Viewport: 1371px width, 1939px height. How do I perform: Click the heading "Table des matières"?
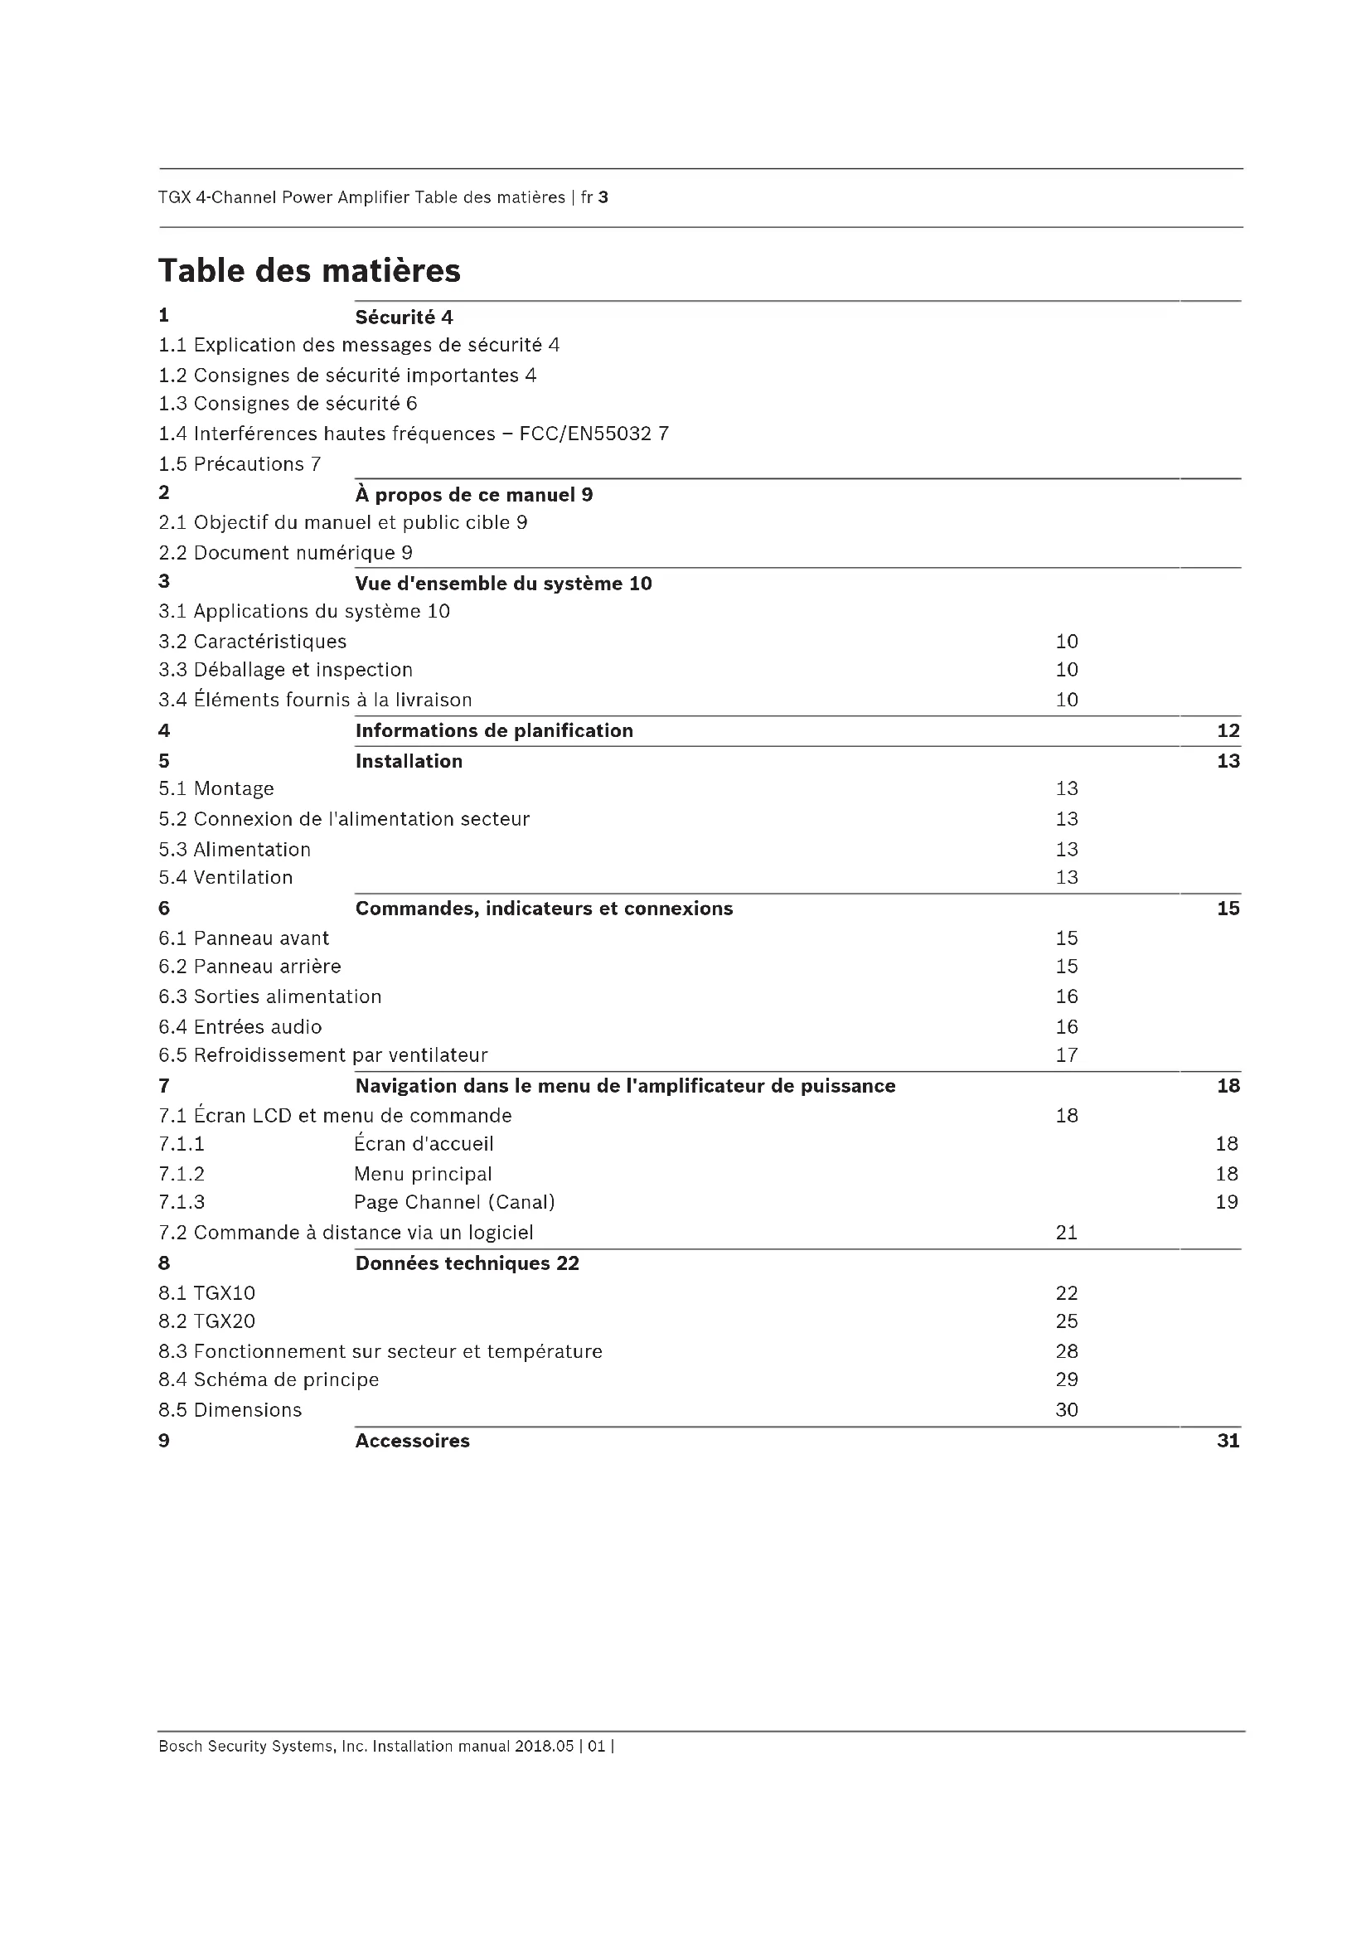coord(309,271)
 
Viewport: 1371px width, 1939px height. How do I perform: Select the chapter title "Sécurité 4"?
coord(404,318)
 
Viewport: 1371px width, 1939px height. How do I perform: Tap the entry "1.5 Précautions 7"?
coord(240,463)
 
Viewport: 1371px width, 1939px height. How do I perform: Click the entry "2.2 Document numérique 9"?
coord(285,552)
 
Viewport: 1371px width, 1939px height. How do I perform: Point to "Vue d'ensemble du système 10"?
coord(503,584)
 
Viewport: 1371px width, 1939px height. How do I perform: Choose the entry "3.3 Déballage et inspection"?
coord(285,670)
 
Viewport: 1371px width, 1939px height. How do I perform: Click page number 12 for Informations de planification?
coord(1228,730)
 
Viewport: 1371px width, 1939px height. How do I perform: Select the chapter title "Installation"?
coord(409,761)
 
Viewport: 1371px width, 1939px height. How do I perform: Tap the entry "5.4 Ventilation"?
coord(225,877)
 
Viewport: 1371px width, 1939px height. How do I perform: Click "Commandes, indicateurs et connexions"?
coord(544,909)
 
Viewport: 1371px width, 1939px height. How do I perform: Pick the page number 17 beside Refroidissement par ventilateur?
coord(1066,1054)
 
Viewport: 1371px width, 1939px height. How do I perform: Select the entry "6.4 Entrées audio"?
coord(240,1027)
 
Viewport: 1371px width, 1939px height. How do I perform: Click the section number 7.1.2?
coord(182,1174)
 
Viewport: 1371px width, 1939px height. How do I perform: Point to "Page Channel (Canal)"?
coord(454,1202)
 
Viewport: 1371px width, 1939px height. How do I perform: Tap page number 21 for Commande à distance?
coord(1066,1232)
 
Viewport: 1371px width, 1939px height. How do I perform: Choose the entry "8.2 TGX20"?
coord(207,1321)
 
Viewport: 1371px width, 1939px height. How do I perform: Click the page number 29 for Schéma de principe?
coord(1066,1379)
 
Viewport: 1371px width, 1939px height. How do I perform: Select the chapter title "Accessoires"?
coord(412,1441)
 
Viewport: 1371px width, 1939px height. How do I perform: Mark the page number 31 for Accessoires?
coord(1228,1441)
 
